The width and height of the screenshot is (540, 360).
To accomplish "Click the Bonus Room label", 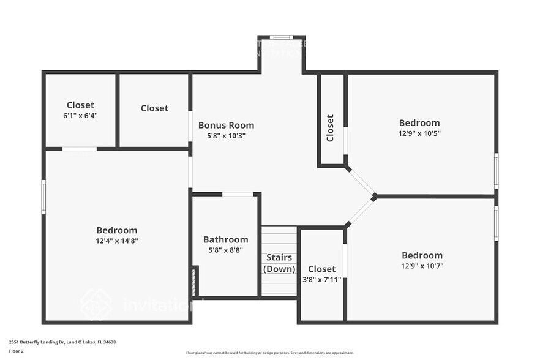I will pyautogui.click(x=226, y=125).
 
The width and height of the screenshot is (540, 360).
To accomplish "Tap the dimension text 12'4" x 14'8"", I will pyautogui.click(x=116, y=241).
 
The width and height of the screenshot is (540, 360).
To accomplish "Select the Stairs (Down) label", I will pyautogui.click(x=279, y=263).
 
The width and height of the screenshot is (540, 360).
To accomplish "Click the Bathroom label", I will pyautogui.click(x=225, y=239).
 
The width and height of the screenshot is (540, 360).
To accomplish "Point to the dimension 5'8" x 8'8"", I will pyautogui.click(x=225, y=250).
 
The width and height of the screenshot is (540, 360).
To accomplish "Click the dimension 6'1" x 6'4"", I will pyautogui.click(x=80, y=115).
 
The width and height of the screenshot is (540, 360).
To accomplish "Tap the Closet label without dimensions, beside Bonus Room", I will pyautogui.click(x=154, y=108).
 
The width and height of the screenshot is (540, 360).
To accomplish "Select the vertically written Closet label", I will pyautogui.click(x=331, y=128).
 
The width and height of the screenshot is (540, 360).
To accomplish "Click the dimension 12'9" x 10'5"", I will pyautogui.click(x=419, y=133).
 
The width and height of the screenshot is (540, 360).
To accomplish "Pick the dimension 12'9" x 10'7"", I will pyautogui.click(x=422, y=266).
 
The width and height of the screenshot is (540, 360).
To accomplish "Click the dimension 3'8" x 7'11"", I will pyautogui.click(x=321, y=279).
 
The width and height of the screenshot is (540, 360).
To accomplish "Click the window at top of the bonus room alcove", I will pyautogui.click(x=281, y=37).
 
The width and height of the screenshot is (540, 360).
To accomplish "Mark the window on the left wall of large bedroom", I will pyautogui.click(x=43, y=197).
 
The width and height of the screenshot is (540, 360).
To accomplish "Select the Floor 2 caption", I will pyautogui.click(x=17, y=351).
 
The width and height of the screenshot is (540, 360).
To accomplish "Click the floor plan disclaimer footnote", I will pyautogui.click(x=269, y=353).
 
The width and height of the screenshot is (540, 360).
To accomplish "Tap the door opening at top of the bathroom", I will pyautogui.click(x=238, y=195).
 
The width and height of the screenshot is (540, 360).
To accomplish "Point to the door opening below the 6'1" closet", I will pyautogui.click(x=80, y=149).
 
